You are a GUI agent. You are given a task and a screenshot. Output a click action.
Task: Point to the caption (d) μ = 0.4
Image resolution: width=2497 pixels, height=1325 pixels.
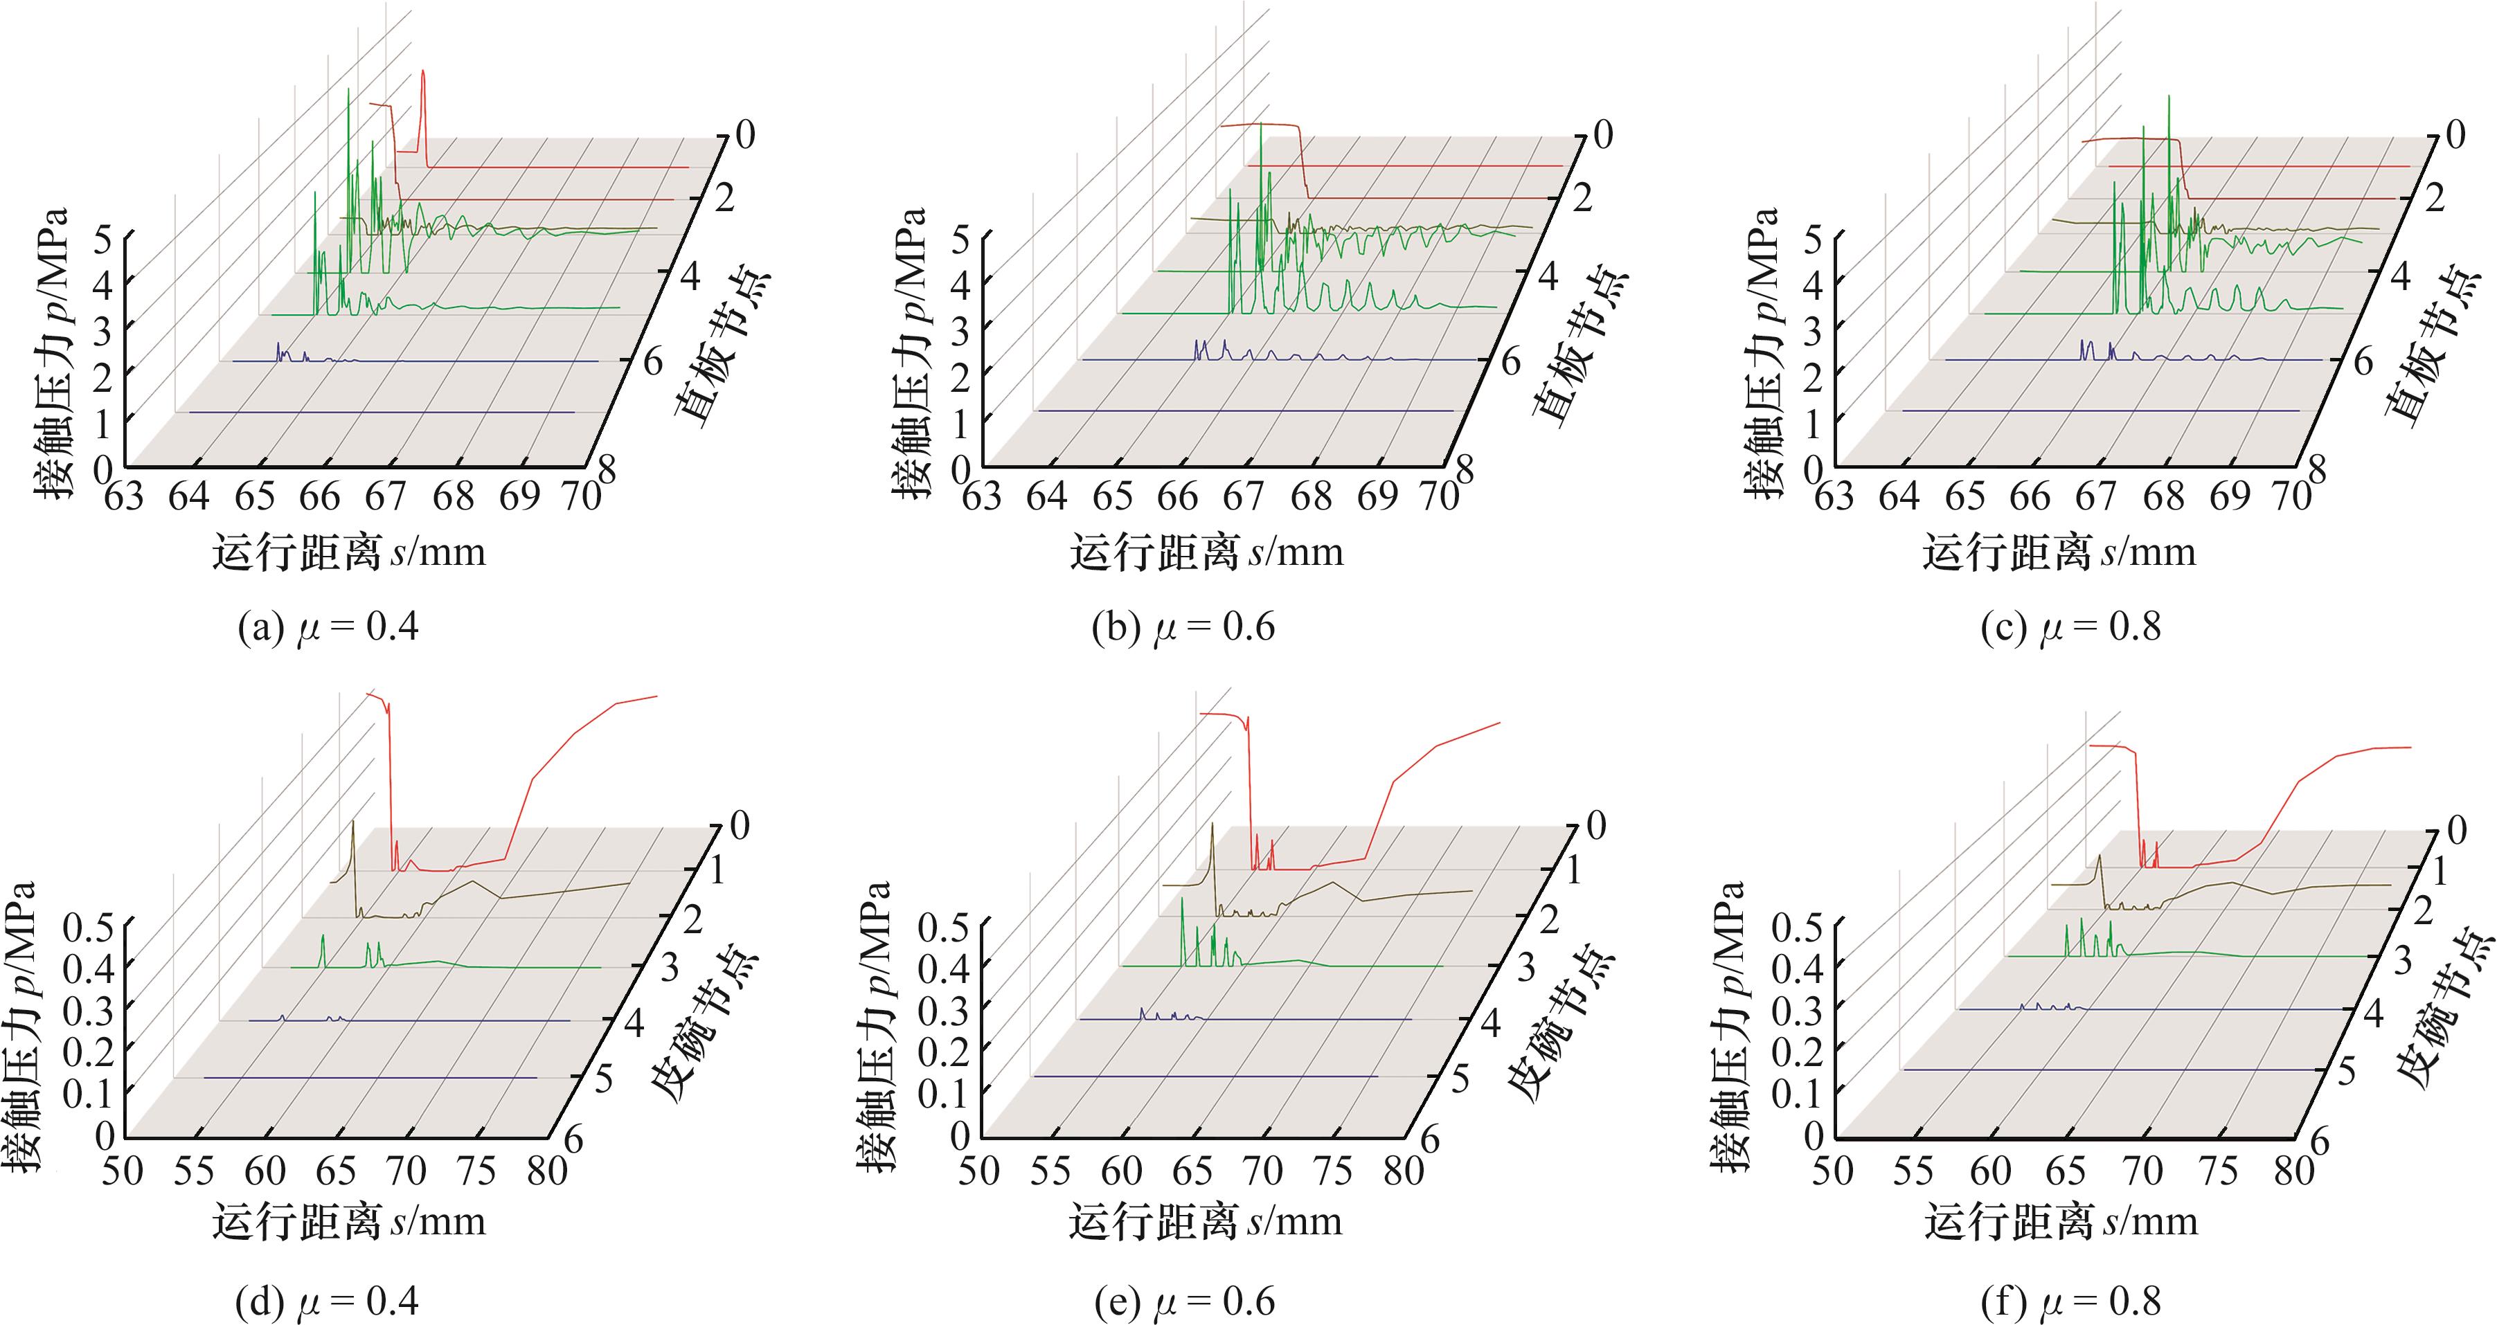coord(328,1301)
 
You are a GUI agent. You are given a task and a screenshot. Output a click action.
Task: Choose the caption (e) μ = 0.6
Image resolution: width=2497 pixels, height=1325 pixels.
coord(1183,1301)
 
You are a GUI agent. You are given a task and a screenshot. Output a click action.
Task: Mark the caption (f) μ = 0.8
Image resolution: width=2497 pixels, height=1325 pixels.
coord(2070,1301)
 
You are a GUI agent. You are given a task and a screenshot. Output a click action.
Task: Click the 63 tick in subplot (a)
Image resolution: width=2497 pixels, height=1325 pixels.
coord(123,497)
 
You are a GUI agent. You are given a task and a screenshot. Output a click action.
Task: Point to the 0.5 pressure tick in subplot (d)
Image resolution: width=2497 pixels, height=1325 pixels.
coord(88,928)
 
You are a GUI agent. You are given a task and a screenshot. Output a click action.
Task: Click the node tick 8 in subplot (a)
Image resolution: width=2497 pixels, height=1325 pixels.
coord(607,471)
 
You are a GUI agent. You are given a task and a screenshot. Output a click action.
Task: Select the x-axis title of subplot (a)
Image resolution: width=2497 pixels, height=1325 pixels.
coord(349,552)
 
